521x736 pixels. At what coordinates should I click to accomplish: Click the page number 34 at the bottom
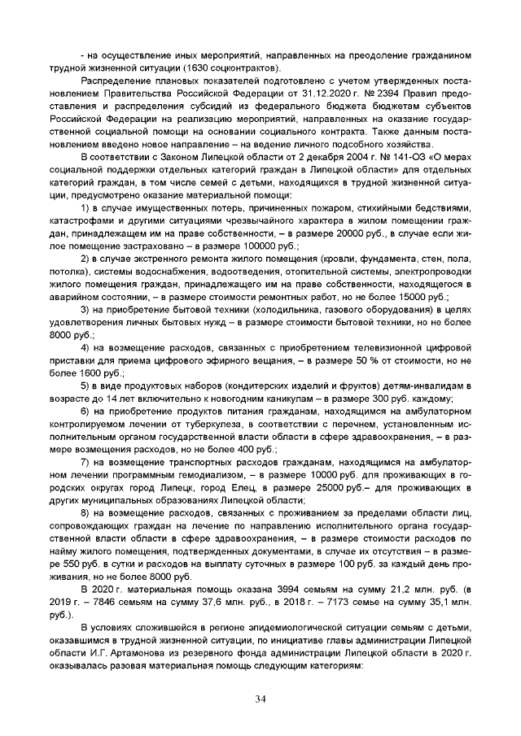(x=260, y=699)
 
